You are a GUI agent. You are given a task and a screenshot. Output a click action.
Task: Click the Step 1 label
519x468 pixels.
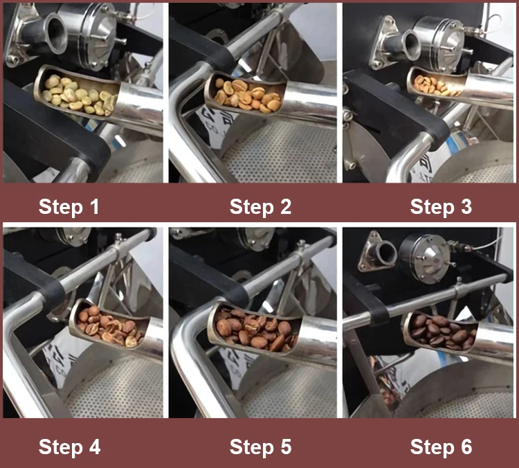(69, 207)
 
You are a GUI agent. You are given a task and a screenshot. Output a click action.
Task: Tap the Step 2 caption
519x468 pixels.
(260, 207)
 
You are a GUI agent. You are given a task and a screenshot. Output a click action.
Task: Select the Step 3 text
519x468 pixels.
(441, 207)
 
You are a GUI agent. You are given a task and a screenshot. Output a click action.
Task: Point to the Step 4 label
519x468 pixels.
(69, 447)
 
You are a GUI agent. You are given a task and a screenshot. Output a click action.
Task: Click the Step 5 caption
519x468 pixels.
(260, 447)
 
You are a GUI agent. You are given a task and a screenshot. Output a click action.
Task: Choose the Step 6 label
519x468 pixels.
(441, 447)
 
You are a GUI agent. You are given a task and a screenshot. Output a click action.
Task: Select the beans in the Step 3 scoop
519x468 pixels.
(435, 85)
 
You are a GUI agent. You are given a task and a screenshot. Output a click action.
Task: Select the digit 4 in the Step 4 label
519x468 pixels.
(94, 447)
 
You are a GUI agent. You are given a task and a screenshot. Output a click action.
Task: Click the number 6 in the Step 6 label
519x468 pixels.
(466, 447)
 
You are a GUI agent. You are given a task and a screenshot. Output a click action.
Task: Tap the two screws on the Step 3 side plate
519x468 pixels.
(347, 120)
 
